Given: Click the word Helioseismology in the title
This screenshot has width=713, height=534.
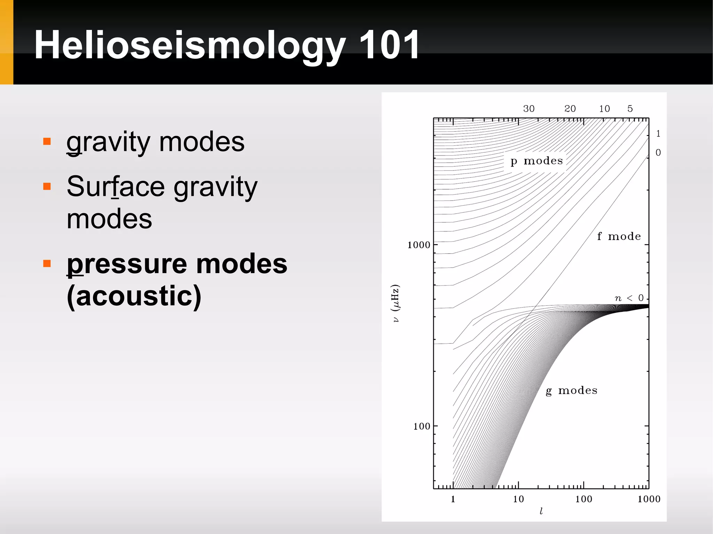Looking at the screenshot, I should [x=190, y=45].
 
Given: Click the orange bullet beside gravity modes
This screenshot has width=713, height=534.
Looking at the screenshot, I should [x=47, y=141].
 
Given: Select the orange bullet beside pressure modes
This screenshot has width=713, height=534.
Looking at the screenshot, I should [x=47, y=263].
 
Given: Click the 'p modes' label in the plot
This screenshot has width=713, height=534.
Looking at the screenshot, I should [x=536, y=161].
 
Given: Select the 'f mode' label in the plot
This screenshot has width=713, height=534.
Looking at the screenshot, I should [x=619, y=237].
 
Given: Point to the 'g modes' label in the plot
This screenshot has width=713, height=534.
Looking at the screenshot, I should [x=571, y=390].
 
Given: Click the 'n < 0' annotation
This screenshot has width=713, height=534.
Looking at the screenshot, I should [x=629, y=298].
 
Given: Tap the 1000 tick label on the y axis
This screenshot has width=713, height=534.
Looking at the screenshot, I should [x=418, y=245].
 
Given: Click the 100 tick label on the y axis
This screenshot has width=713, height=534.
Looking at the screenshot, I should [x=421, y=426].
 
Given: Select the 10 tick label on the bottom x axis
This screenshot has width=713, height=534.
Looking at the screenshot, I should [x=518, y=499].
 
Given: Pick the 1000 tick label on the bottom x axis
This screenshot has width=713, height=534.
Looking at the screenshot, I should [x=649, y=499].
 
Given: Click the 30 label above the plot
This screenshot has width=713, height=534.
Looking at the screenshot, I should [x=528, y=109].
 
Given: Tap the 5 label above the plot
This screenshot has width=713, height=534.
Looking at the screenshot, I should [x=630, y=109].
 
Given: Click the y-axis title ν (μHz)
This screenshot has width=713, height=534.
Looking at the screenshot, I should [x=395, y=303].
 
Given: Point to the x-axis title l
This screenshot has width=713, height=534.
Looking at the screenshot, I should [x=541, y=511].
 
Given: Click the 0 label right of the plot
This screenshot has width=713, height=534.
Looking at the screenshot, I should [x=658, y=152].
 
